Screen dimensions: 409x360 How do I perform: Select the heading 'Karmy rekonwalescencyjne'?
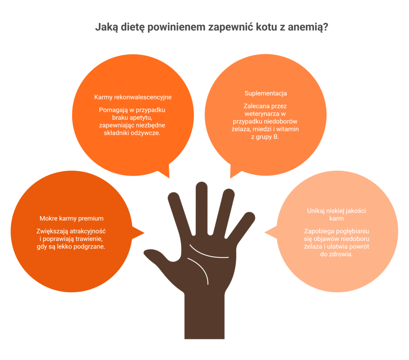click(133, 97)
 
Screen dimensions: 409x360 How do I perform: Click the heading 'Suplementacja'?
click(266, 93)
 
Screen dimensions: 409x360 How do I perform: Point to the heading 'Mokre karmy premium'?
click(71, 218)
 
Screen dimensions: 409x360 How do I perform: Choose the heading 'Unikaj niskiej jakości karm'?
click(336, 215)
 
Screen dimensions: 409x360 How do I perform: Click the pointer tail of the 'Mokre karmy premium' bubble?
click(138, 233)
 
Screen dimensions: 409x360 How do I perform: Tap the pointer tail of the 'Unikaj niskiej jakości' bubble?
click(271, 232)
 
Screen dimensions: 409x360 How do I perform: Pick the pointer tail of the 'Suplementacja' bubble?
click(235, 172)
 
